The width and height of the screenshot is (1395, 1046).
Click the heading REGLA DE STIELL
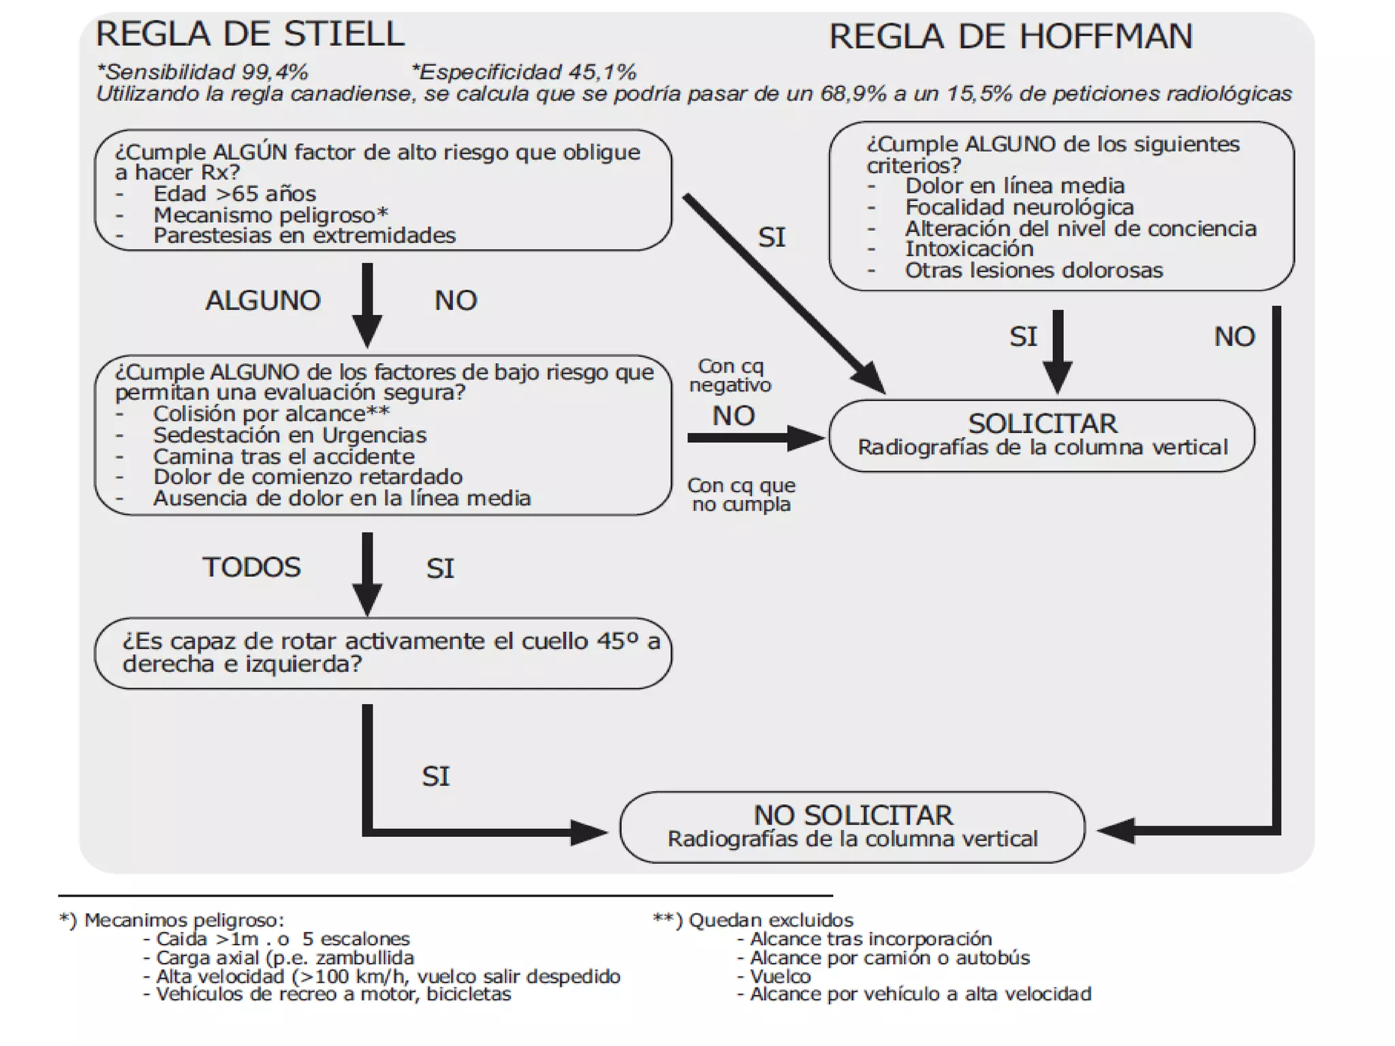click(250, 34)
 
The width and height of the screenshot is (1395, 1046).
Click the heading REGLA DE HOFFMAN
click(1011, 36)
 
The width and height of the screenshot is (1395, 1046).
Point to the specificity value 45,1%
click(602, 72)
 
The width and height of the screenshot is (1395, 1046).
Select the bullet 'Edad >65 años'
click(234, 193)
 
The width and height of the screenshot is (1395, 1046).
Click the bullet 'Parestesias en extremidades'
click(304, 236)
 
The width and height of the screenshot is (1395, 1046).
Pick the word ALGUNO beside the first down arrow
click(263, 300)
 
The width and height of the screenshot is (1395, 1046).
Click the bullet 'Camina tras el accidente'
click(283, 456)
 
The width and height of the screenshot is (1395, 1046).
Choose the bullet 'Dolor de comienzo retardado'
click(307, 477)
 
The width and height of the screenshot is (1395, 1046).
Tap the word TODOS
click(251, 567)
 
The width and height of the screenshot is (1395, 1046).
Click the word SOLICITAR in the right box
click(1042, 424)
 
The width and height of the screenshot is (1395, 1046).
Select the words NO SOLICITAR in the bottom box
click(853, 815)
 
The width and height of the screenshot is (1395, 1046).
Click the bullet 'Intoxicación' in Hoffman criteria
click(969, 249)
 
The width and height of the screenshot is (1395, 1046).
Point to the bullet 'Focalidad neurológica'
click(1019, 207)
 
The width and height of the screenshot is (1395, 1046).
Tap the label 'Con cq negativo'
click(730, 376)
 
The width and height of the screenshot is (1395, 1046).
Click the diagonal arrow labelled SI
click(783, 293)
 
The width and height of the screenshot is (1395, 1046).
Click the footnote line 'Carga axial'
click(285, 958)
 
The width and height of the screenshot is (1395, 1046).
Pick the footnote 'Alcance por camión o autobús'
click(890, 958)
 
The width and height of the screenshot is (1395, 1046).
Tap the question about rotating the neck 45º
click(390, 652)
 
